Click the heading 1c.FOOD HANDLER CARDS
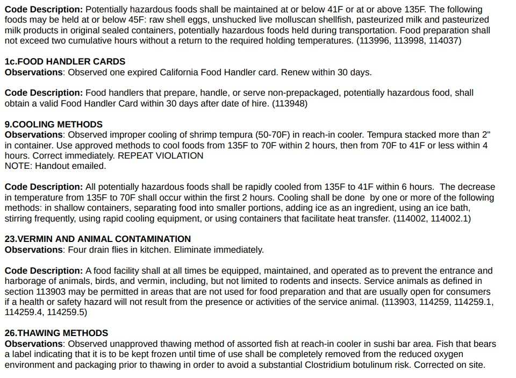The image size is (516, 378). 65,61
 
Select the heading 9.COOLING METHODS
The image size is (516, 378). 54,124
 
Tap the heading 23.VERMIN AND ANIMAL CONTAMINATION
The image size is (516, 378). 98,239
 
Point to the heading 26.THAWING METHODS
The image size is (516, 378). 56,333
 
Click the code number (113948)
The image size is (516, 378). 290,103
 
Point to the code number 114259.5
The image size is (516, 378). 66,312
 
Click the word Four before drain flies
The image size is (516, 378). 78,249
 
